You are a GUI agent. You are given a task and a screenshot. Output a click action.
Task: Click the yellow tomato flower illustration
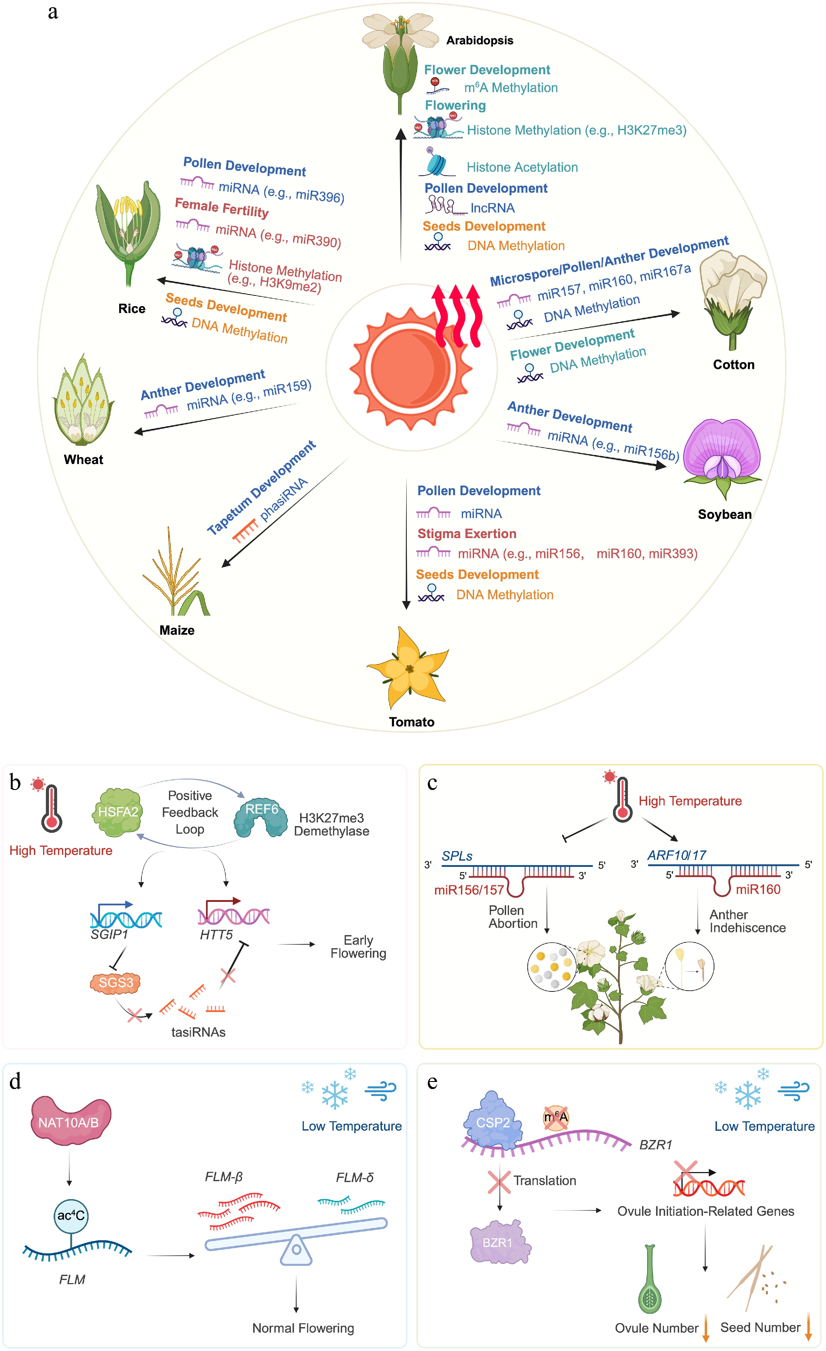tap(409, 668)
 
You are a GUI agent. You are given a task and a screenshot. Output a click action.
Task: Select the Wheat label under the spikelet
tap(83, 459)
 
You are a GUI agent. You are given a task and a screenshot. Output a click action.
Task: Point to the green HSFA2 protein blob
tap(117, 812)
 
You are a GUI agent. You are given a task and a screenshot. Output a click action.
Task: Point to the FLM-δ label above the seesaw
tap(355, 1177)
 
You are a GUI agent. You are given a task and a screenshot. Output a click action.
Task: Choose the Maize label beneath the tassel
tap(177, 630)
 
